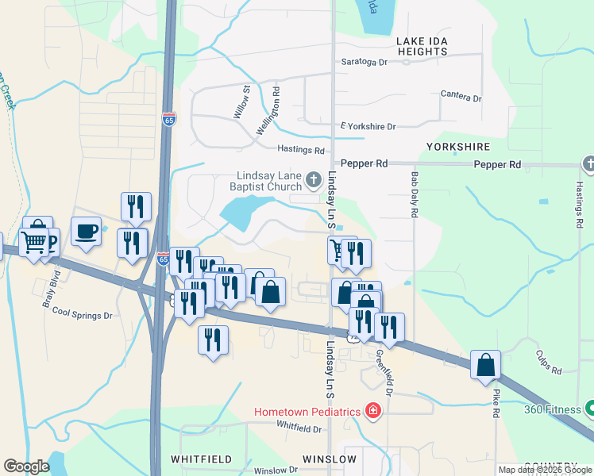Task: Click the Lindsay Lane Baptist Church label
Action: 269,180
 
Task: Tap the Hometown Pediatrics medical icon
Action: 372,411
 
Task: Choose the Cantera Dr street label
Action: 461,97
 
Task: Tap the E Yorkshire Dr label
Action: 368,126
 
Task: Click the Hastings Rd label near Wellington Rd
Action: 301,149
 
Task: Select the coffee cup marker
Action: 86,232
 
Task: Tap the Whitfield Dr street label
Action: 299,428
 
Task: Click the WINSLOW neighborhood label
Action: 330,459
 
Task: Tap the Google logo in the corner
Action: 26,466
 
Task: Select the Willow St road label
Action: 241,103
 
